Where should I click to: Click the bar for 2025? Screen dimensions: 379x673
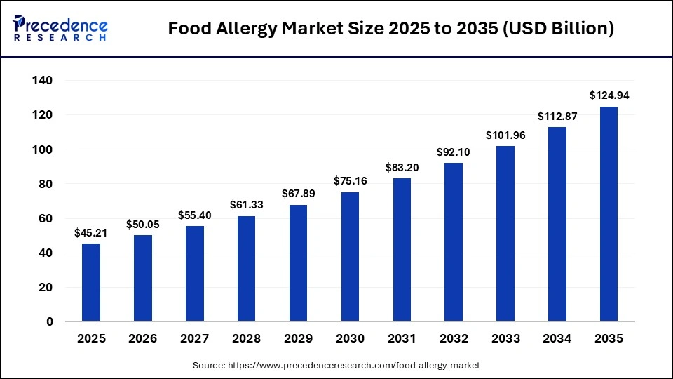91,282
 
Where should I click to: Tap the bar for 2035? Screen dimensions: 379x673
609,214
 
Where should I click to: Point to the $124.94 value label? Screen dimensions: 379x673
609,95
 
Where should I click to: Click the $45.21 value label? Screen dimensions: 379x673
91,232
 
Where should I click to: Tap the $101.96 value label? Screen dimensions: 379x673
505,135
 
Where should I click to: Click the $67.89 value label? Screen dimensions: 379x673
298,193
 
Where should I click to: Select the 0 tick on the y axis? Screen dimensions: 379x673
50,321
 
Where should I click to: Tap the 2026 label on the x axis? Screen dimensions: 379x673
143,338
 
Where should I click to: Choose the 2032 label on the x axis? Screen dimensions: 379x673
454,338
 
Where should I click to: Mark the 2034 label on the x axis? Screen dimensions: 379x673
557,338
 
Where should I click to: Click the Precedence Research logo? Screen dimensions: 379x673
60,28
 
